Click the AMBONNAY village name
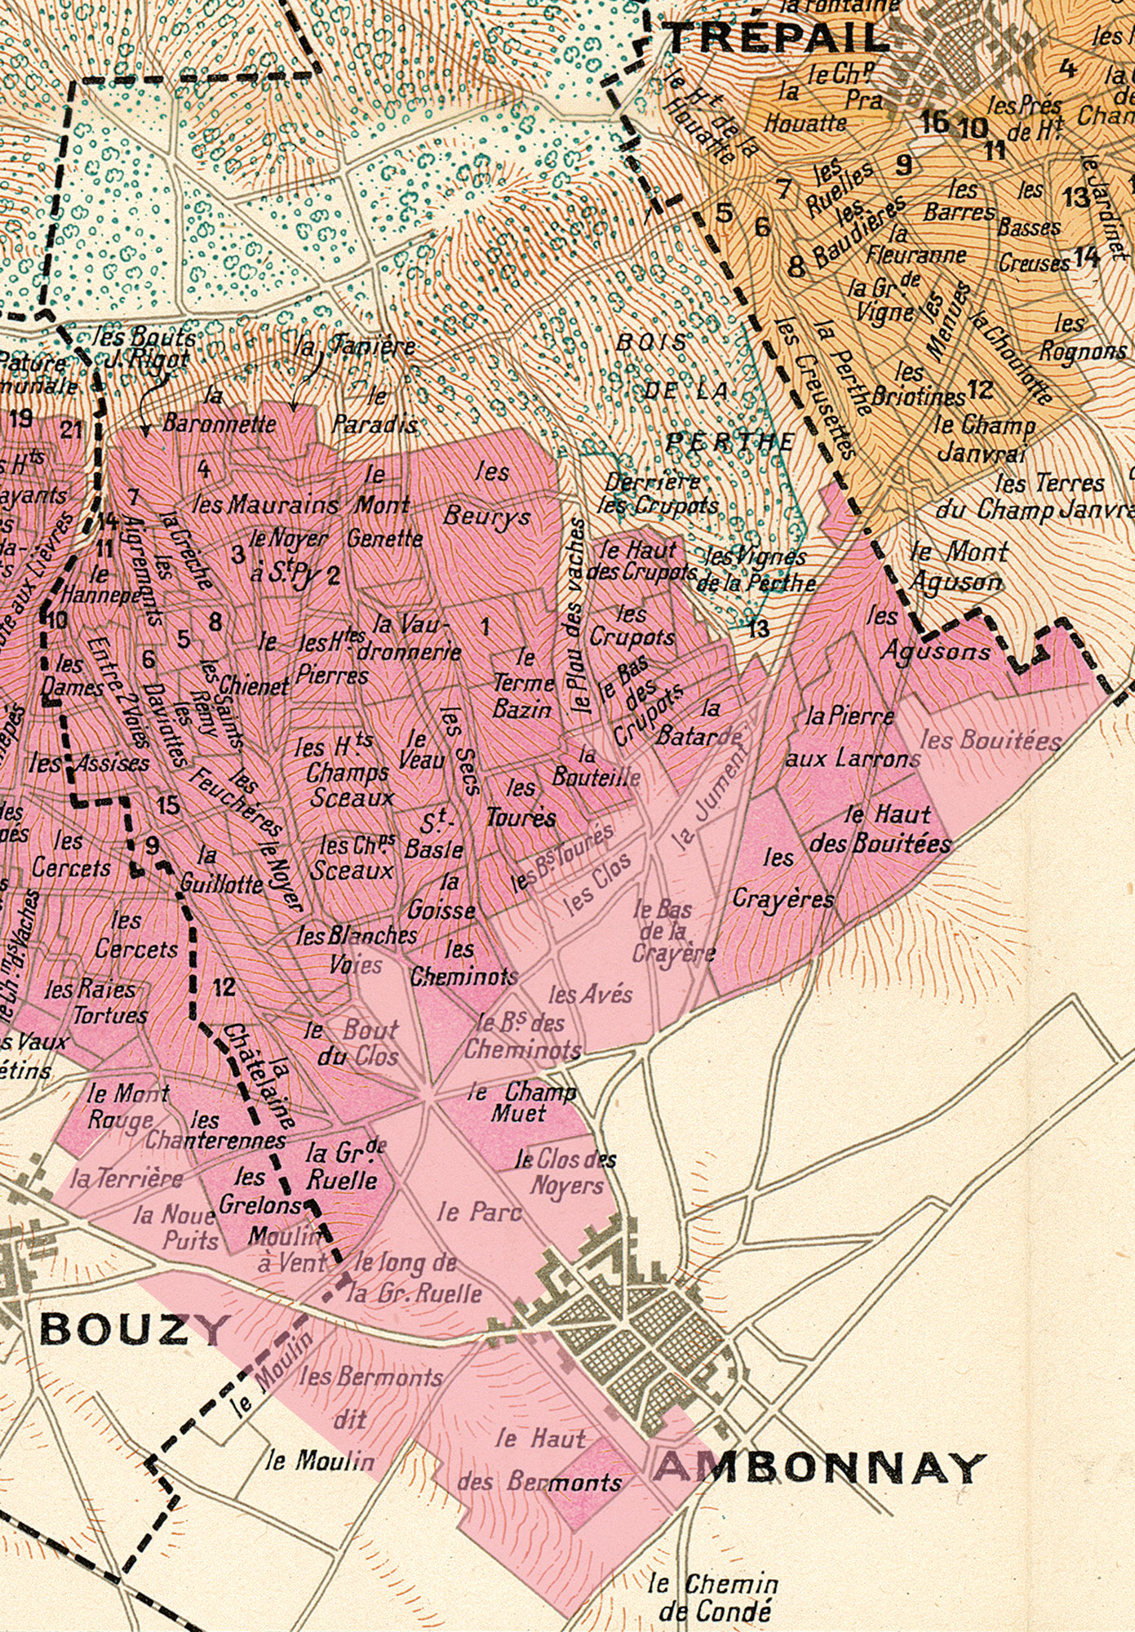tap(819, 1468)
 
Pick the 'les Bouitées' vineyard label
tap(991, 741)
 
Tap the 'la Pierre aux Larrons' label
tap(852, 738)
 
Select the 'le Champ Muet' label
tap(522, 1102)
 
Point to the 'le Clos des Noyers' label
tap(566, 1172)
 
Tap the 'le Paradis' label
tap(376, 411)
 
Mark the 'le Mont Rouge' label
tap(126, 1106)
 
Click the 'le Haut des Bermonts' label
tap(539, 1460)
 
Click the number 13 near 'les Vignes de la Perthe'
tap(758, 628)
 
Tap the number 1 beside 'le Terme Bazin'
tap(485, 627)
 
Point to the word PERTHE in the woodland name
tap(729, 442)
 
